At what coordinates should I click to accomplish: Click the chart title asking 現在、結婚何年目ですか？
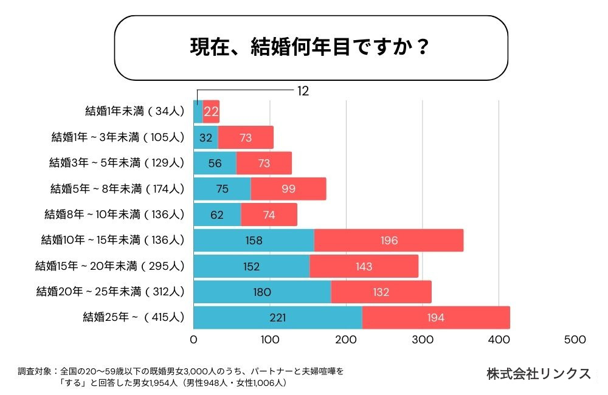(x=311, y=48)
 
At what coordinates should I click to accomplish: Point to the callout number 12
(x=303, y=91)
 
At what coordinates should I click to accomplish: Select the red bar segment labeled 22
(x=211, y=111)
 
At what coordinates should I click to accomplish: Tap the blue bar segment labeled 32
(x=206, y=137)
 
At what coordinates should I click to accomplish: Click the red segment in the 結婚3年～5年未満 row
(x=264, y=163)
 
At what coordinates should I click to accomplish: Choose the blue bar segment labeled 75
(x=222, y=189)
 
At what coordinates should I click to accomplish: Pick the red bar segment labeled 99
(x=288, y=189)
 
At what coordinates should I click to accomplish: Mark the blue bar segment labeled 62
(x=217, y=215)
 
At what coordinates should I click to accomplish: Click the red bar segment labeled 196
(x=389, y=240)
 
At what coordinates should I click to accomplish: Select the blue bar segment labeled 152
(x=251, y=266)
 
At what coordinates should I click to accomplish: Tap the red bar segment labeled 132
(x=381, y=292)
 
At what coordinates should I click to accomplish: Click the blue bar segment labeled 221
(x=277, y=317)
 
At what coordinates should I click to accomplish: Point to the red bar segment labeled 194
(x=436, y=317)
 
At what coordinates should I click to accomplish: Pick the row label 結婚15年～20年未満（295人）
(x=109, y=266)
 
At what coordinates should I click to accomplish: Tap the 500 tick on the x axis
(x=575, y=340)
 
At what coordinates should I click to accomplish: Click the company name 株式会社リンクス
(x=539, y=374)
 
